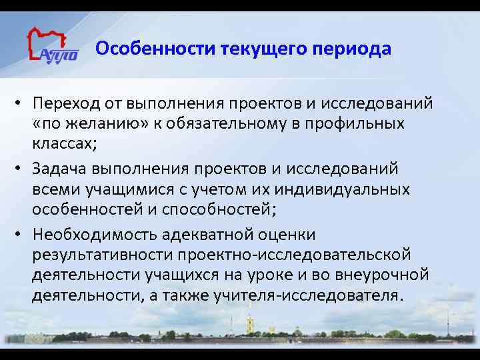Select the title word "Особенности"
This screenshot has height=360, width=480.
point(134,50)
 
